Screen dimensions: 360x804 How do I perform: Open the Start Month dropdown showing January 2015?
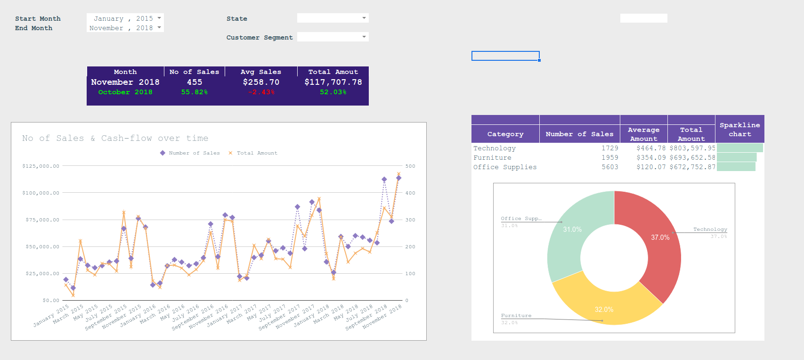125,18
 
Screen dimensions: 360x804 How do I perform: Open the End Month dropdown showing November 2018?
125,28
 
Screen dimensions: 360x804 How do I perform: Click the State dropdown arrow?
364,18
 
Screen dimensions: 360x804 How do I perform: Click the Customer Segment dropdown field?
333,37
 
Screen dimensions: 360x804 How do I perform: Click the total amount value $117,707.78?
333,82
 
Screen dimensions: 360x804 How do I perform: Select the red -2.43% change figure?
261,92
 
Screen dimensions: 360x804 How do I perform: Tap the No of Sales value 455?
194,82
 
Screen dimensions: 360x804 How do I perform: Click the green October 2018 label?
125,92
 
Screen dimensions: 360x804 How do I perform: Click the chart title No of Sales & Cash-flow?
115,138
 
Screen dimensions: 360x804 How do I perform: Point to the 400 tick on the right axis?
410,193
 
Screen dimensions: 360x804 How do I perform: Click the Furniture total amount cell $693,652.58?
692,157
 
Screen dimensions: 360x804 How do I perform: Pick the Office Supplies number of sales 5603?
609,167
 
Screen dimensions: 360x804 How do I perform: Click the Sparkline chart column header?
739,129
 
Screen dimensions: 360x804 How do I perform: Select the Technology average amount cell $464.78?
651,148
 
